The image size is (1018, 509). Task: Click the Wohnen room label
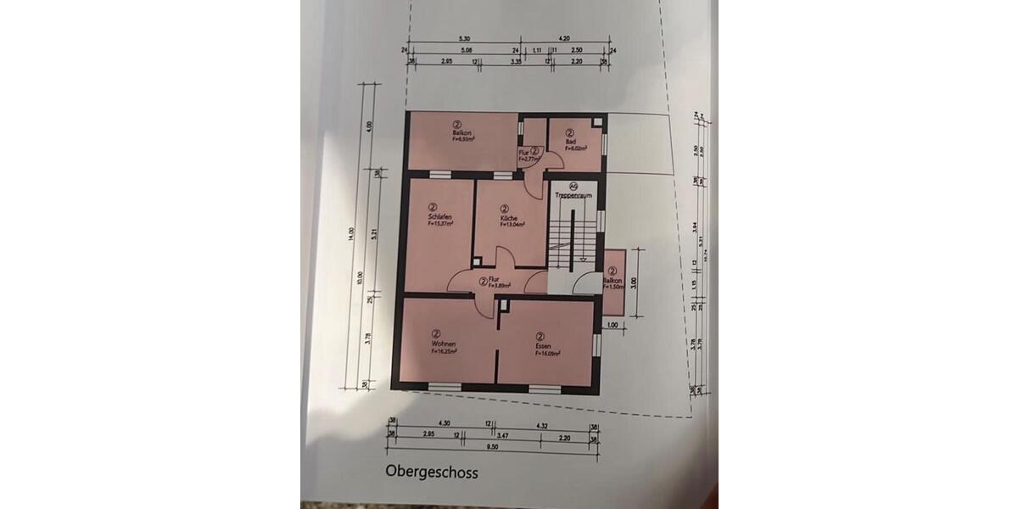[444, 343]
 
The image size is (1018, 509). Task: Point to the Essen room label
[544, 346]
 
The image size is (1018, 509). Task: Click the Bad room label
[570, 141]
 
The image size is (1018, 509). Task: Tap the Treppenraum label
[573, 195]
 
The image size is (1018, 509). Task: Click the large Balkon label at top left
[461, 133]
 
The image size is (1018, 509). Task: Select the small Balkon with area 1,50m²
[613, 281]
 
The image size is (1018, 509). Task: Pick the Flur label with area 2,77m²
[528, 154]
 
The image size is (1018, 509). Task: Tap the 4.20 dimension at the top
[565, 39]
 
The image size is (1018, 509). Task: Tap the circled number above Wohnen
[435, 334]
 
